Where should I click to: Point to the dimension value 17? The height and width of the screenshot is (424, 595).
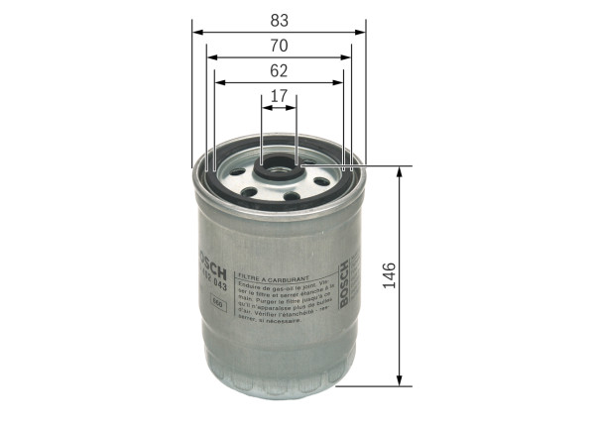pos(279,96)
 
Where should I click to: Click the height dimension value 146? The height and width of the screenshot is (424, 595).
pos(389,274)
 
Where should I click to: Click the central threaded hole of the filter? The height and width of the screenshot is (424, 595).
pos(278,172)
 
